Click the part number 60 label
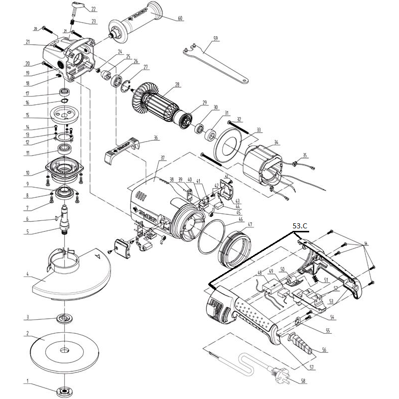pos(180,18)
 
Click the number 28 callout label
pos(177,84)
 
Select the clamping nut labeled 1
pos(64,391)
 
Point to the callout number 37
pos(162,158)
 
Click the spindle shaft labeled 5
pos(64,221)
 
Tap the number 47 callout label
pos(250,224)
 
